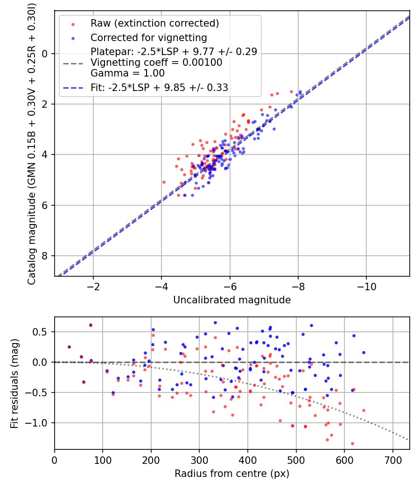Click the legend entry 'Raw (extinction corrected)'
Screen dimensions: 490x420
154,23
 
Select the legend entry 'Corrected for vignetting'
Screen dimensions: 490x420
148,37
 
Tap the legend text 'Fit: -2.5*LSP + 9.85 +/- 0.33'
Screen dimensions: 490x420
159,87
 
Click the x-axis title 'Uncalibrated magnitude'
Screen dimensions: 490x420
232,300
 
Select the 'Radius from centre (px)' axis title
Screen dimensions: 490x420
232,474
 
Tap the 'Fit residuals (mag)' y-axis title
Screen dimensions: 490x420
14,383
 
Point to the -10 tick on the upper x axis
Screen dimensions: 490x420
366,286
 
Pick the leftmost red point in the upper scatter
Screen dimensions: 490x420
164,182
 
